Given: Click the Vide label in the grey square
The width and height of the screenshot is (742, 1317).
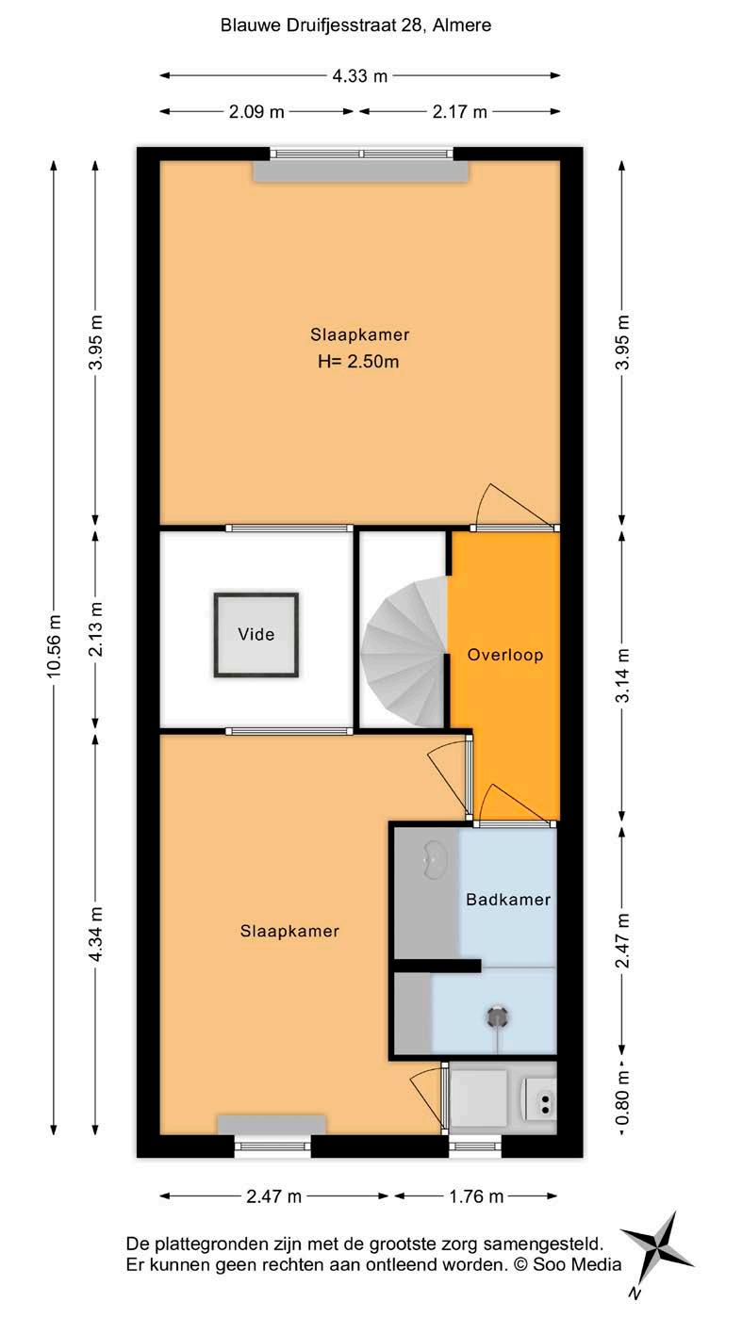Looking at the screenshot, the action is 256,634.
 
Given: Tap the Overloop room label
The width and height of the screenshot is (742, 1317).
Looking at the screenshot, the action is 504,655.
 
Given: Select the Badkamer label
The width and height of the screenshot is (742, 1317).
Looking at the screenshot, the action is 508,899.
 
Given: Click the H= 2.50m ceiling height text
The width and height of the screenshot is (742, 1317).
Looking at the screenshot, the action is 358,361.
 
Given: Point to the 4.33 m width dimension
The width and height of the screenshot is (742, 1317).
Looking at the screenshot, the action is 359,76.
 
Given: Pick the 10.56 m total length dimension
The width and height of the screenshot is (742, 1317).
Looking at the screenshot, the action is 54,645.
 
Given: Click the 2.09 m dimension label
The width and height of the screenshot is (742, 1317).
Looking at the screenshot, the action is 256,112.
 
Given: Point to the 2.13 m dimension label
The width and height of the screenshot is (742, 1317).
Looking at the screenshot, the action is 96,628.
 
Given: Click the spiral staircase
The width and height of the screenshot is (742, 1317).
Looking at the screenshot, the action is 404,652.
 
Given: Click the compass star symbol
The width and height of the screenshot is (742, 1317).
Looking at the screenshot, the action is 657,1250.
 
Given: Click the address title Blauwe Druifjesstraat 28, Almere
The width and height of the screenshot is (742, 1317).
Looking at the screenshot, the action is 355,25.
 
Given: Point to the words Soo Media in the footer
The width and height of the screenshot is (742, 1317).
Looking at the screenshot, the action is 577,1264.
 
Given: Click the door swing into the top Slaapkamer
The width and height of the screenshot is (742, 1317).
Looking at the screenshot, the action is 514,504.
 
